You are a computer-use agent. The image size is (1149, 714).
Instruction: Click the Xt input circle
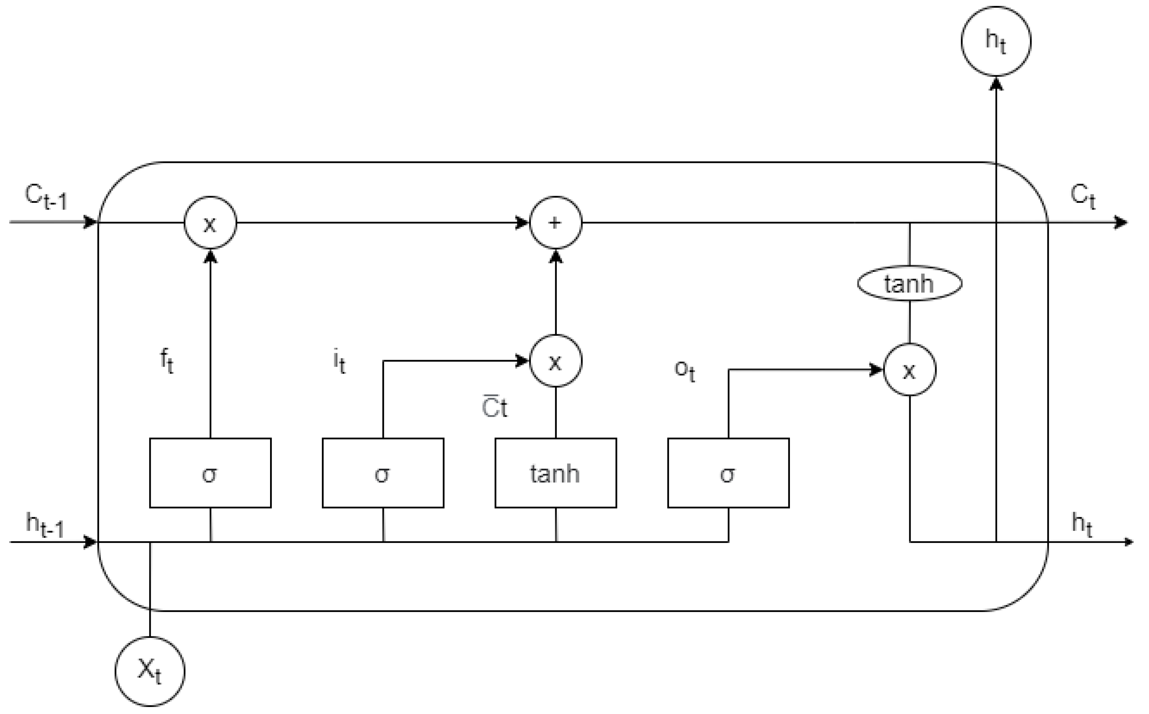[x=150, y=672]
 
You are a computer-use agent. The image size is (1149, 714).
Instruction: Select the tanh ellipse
[x=909, y=283]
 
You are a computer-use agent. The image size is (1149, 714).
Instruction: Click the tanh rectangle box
[x=555, y=473]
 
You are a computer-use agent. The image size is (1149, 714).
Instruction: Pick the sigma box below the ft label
[x=210, y=473]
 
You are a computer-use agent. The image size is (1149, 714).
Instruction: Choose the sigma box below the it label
[x=382, y=473]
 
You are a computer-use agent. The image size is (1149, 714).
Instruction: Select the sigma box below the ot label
[x=728, y=473]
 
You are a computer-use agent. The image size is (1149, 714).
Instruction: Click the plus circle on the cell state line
[x=555, y=222]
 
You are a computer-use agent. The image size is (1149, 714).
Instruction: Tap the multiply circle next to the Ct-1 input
[x=210, y=222]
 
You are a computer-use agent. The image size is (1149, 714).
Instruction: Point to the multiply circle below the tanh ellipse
[x=909, y=370]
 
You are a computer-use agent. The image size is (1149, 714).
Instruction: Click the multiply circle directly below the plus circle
[x=555, y=361]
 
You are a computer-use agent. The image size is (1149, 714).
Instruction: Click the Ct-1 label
[x=46, y=196]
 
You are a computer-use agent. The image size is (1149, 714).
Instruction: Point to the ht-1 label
[x=45, y=525]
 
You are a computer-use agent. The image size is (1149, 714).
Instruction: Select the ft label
[x=167, y=361]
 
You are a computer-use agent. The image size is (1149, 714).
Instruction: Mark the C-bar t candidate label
[x=494, y=407]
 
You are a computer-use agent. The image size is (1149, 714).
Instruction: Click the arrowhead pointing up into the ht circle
[x=996, y=84]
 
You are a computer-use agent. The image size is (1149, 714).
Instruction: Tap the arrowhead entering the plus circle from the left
[x=522, y=222]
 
